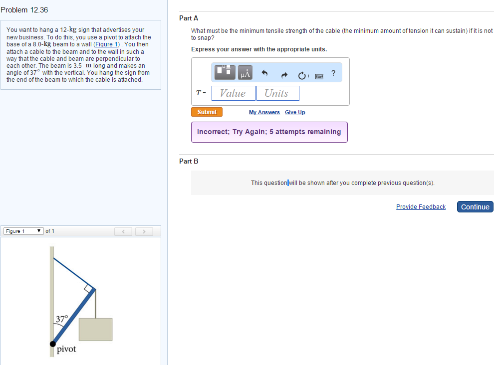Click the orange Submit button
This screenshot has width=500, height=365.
point(207,112)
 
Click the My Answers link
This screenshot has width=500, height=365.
point(264,113)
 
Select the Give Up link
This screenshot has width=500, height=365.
point(295,113)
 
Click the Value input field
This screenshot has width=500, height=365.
point(233,93)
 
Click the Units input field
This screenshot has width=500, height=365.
point(277,93)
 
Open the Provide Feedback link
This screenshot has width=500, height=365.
point(421,207)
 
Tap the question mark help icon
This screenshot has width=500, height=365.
point(333,73)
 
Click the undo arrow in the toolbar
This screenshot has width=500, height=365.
point(265,74)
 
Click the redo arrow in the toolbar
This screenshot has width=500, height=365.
point(284,75)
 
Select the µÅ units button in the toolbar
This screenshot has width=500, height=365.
point(245,73)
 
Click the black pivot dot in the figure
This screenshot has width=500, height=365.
point(53,344)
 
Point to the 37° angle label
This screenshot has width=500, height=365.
point(61,319)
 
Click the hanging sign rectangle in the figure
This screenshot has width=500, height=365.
point(95,330)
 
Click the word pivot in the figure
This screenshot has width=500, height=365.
point(66,350)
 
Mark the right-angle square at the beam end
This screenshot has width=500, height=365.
point(89,288)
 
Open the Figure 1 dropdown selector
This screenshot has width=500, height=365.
point(23,231)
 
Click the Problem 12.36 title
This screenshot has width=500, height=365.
point(24,10)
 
